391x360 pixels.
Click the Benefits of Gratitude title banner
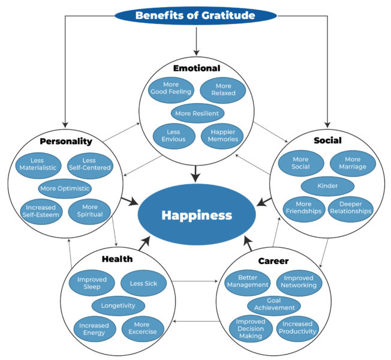pos(195,15)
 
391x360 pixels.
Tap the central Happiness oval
pos(195,215)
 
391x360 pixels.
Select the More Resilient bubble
pos(197,112)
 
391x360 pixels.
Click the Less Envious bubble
pos(173,135)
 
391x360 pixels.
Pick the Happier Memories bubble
pos(222,135)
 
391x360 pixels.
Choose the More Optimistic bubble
pos(65,188)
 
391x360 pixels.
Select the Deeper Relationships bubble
pos(351,207)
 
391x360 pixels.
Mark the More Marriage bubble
pos(353,163)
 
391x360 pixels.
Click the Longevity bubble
pos(118,305)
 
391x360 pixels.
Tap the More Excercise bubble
pos(143,328)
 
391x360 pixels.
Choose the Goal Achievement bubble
pos(273,304)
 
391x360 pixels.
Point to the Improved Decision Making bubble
pos(250,328)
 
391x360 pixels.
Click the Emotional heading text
pos(197,68)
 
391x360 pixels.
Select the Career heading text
pos(273,261)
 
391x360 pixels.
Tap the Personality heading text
pos(66,142)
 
